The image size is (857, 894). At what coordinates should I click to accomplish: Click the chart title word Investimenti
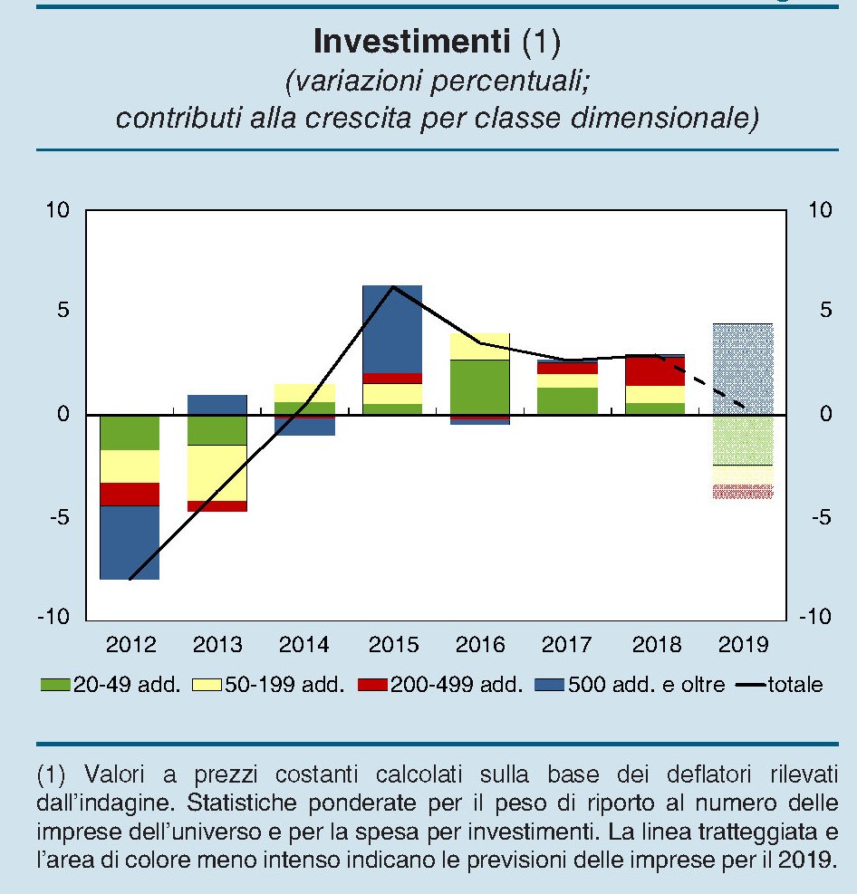[413, 42]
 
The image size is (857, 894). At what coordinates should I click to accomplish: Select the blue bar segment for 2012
[130, 542]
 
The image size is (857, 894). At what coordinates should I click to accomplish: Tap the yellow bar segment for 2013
[217, 472]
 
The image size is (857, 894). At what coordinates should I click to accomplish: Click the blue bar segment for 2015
[392, 329]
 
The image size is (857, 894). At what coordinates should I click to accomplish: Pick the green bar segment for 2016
[479, 387]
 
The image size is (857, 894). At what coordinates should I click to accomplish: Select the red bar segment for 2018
[656, 371]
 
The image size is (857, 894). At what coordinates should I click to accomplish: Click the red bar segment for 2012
[130, 494]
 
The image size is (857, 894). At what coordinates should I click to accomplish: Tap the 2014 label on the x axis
[304, 646]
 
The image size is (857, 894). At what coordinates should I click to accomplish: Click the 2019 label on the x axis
[743, 646]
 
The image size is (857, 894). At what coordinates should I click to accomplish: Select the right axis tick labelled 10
[820, 211]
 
